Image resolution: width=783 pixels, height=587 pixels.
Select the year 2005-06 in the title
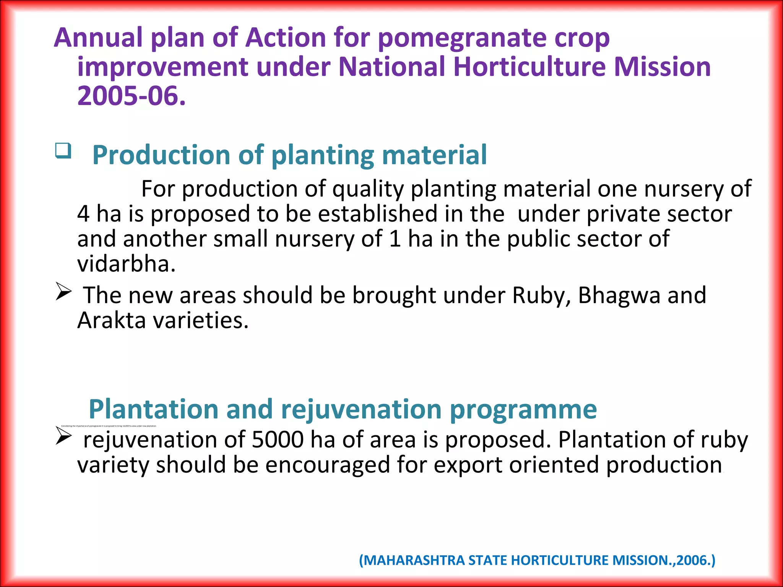pyautogui.click(x=131, y=96)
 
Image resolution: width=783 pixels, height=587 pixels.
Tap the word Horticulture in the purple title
pyautogui.click(x=530, y=67)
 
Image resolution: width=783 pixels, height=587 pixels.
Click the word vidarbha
pyautogui.click(x=126, y=264)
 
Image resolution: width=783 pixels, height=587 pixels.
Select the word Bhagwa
pyautogui.click(x=619, y=295)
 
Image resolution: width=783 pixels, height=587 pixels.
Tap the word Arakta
pyautogui.click(x=111, y=320)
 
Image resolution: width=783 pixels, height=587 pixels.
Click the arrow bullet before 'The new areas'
pyautogui.click(x=63, y=292)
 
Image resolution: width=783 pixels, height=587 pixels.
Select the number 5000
pyautogui.click(x=278, y=440)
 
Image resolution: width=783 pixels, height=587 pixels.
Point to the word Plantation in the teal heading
pyautogui.click(x=154, y=409)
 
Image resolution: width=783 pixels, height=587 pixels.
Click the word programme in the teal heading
pyautogui.click(x=523, y=409)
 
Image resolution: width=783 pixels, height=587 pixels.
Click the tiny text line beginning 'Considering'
pyautogui.click(x=109, y=426)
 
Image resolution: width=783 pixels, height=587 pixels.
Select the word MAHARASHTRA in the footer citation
pyautogui.click(x=414, y=560)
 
